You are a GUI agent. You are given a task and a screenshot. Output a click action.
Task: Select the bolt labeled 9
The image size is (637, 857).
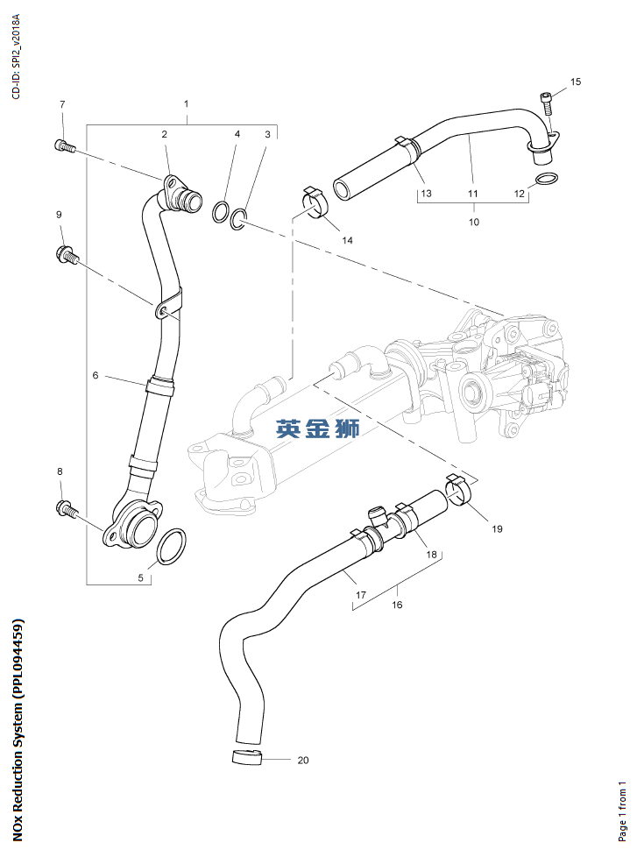(67, 256)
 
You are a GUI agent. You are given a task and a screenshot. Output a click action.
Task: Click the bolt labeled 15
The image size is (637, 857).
(548, 104)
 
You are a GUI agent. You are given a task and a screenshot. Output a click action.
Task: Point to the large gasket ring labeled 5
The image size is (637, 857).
(171, 547)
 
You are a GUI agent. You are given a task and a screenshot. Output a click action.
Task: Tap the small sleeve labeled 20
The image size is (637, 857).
(248, 757)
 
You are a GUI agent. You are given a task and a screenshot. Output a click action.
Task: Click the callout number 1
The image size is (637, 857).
(186, 104)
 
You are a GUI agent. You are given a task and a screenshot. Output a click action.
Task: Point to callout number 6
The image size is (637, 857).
(96, 375)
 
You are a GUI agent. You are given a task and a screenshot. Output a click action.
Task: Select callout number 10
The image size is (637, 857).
(473, 223)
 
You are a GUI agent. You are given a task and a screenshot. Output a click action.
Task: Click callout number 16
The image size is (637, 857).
(397, 605)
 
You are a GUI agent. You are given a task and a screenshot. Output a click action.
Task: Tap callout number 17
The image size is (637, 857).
(360, 595)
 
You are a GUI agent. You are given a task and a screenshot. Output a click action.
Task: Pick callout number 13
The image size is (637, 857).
(425, 192)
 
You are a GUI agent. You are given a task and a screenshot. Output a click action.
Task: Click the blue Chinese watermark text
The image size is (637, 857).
(317, 428)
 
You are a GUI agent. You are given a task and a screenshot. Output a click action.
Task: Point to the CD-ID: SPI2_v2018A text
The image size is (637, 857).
(16, 53)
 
